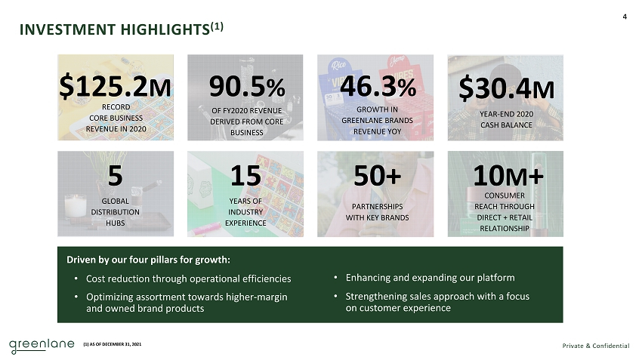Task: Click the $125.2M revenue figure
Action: pos(115,86)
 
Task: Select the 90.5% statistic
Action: pos(247,86)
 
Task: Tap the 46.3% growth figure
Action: pos(378,86)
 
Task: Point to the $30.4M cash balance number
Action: pos(507,89)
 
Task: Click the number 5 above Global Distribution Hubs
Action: pos(115,176)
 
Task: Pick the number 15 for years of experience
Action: pos(245,176)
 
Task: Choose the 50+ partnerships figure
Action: pos(377,176)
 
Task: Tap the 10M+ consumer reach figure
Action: pos(508,176)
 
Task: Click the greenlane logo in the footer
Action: pos(42,346)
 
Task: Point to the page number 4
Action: pos(625,17)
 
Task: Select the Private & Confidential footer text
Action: pos(596,346)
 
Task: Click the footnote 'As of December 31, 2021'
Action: pos(113,344)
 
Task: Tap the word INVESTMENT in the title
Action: pos(67,30)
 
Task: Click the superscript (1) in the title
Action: pos(217,26)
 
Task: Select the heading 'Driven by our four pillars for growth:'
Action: pos(148,260)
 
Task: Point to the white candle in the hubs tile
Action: pos(76,207)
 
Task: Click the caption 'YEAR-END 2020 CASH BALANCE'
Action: pos(507,119)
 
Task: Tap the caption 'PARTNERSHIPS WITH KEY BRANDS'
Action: pos(377,212)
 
